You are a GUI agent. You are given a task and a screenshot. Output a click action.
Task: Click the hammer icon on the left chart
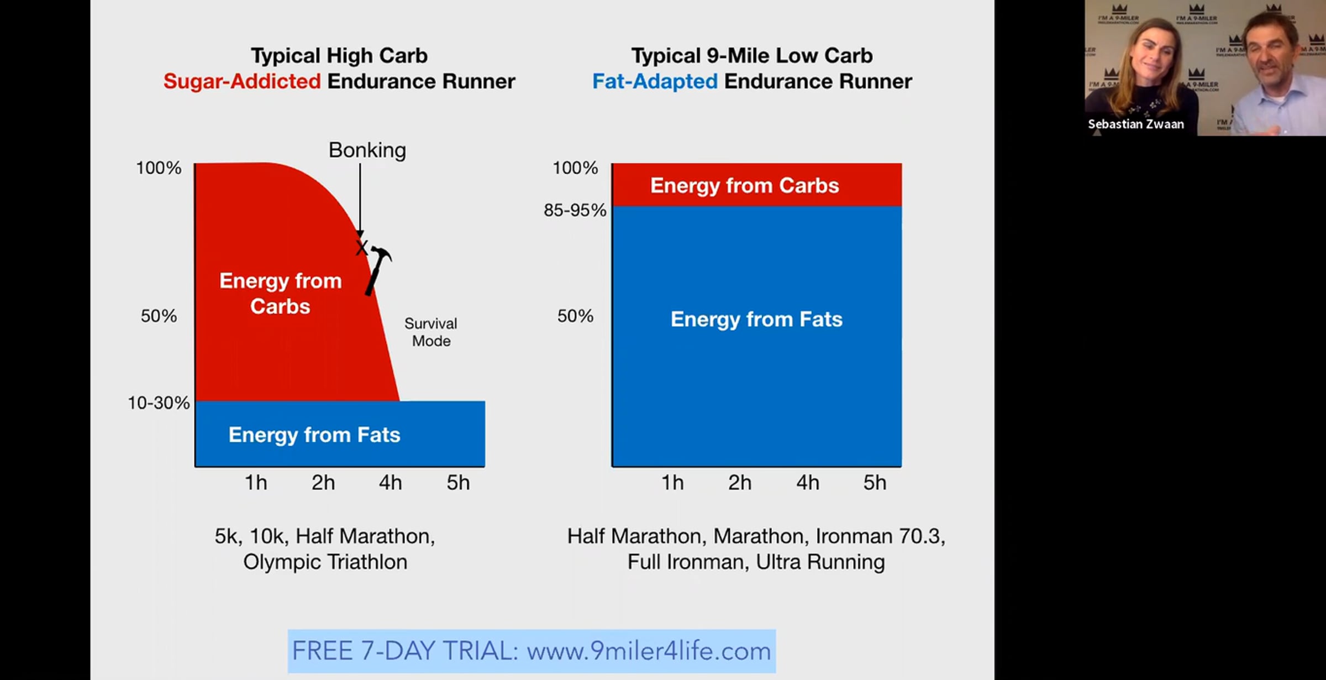[378, 269]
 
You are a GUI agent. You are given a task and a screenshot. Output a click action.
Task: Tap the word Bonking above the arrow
[367, 150]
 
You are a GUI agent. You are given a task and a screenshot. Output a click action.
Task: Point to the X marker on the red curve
[361, 247]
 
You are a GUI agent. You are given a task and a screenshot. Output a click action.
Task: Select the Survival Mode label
[431, 332]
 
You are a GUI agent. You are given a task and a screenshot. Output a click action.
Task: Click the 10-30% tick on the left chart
[159, 402]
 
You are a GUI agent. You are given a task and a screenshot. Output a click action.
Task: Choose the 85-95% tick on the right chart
[575, 210]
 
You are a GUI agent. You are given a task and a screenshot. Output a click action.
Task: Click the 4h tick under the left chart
[390, 483]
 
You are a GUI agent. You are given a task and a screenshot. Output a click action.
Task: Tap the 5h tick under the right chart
[875, 483]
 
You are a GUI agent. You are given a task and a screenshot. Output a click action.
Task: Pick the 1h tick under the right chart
[672, 483]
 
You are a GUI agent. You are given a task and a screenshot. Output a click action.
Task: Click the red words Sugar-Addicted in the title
[242, 81]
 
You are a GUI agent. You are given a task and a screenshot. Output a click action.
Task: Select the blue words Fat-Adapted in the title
[655, 81]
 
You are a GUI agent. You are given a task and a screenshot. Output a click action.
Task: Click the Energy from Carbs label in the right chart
[744, 186]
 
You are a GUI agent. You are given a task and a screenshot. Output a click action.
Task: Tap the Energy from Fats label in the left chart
[314, 435]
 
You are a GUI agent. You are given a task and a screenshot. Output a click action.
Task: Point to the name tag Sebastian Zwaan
[1136, 124]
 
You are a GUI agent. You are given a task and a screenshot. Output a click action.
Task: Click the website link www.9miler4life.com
[649, 651]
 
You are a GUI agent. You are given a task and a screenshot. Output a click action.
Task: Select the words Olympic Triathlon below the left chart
[325, 562]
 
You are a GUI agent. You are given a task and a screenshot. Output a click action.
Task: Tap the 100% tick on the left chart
[159, 168]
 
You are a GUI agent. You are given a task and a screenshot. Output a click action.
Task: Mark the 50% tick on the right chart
[575, 316]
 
